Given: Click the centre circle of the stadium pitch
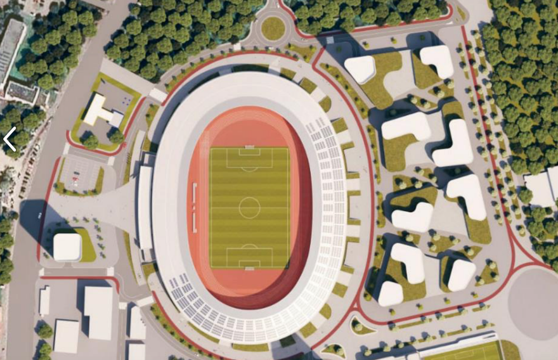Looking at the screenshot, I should pos(249,207).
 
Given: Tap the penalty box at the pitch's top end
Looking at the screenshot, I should pos(249,158).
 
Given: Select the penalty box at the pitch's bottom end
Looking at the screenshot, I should pos(249,257).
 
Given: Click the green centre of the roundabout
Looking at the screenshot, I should pos(273,28).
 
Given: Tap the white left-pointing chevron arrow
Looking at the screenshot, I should pos(10,139).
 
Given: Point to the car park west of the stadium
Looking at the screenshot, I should pos(79,173).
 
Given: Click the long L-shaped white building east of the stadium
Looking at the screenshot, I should pos(454,145).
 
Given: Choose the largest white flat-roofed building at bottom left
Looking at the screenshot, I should pos(98,312).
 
